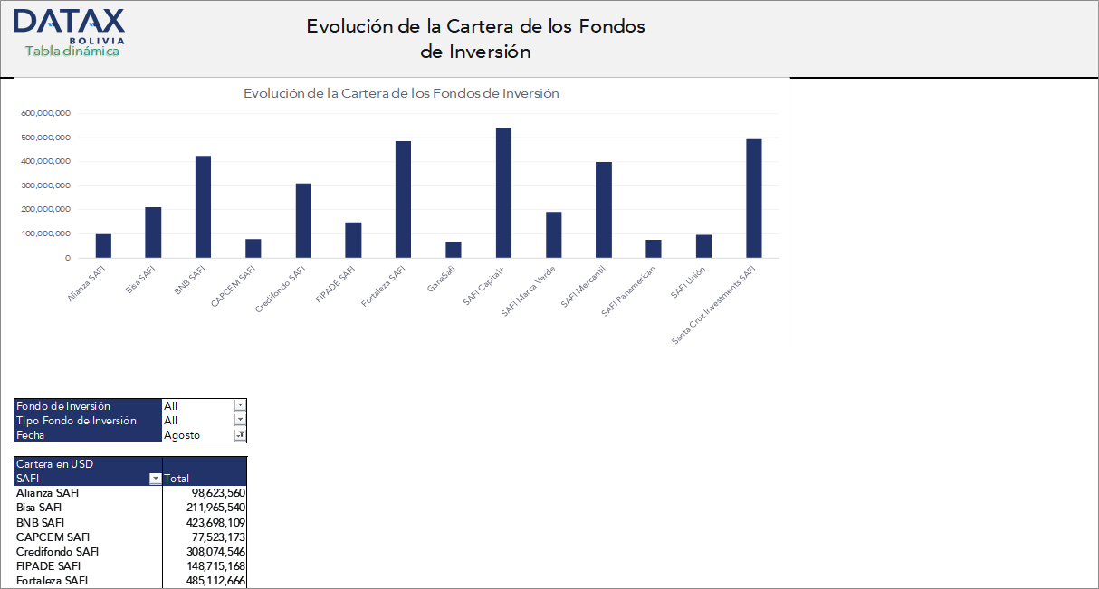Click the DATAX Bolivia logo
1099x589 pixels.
click(x=69, y=24)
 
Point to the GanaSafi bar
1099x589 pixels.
click(x=454, y=250)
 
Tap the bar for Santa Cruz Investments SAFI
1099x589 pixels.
click(x=753, y=198)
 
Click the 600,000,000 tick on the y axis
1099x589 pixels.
click(x=45, y=114)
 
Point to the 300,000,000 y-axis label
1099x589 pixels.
click(x=45, y=185)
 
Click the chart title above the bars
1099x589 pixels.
click(x=401, y=93)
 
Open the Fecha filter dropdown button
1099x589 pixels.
click(x=240, y=435)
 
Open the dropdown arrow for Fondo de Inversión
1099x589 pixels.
click(x=240, y=406)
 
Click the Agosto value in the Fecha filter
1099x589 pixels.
click(x=182, y=435)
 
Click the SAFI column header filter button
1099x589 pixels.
click(x=156, y=479)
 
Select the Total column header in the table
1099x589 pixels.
click(x=177, y=479)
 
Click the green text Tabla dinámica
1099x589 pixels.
click(x=72, y=52)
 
